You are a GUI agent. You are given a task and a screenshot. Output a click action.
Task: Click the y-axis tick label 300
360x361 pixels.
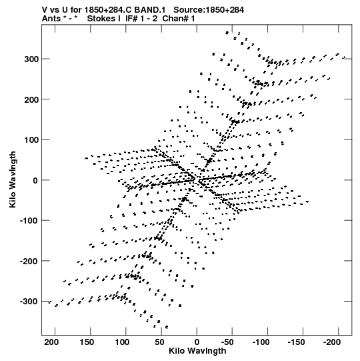click(x=31, y=59)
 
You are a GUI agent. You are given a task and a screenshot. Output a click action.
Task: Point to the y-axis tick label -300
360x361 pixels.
click(x=29, y=302)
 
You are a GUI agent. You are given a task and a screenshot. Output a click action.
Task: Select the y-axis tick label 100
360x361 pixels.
click(x=31, y=140)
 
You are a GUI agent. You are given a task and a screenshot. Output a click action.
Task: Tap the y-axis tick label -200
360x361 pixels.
click(x=29, y=261)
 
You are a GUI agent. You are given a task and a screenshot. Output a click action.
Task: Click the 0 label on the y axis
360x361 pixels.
click(x=35, y=180)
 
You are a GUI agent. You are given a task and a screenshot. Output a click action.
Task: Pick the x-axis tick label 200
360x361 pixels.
click(x=51, y=342)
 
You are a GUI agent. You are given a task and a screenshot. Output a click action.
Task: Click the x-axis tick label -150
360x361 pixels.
click(x=297, y=342)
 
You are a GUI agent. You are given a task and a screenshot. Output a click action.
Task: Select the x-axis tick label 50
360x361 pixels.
click(x=159, y=342)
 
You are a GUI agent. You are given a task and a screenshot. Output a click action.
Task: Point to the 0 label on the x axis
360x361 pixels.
click(x=197, y=342)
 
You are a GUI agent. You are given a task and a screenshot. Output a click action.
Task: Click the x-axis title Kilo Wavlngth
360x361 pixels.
click(x=197, y=351)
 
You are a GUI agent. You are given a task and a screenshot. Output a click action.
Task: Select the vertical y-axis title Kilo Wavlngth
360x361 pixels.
click(x=13, y=179)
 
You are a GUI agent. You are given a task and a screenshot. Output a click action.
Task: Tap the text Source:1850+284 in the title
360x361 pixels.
click(x=209, y=10)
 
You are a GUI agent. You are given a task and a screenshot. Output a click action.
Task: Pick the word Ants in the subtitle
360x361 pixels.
click(x=51, y=19)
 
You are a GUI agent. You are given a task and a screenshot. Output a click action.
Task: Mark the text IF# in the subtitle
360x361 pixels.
click(x=132, y=19)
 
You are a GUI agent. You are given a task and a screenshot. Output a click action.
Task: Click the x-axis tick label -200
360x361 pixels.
click(x=332, y=342)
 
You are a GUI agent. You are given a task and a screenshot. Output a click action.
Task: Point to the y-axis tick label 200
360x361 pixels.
click(x=31, y=99)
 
